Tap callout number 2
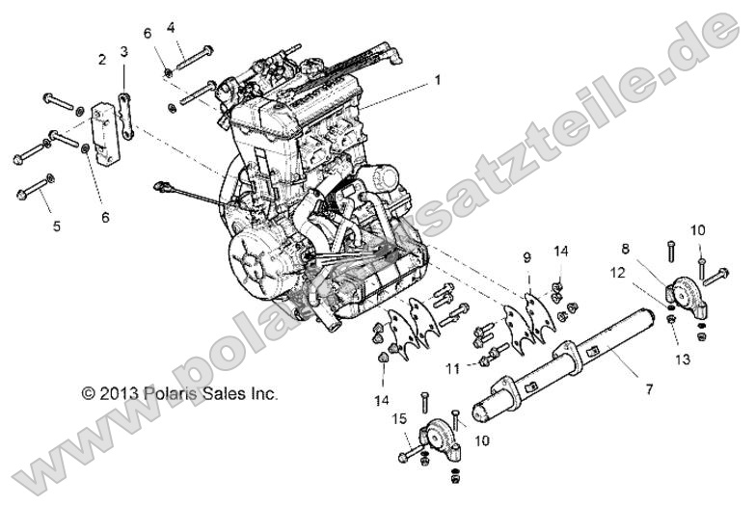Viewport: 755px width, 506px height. tap(101, 60)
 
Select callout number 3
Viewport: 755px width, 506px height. tap(123, 51)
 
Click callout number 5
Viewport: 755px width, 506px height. tap(56, 226)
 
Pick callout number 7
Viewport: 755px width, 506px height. tap(649, 389)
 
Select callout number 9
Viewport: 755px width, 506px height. tap(526, 258)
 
